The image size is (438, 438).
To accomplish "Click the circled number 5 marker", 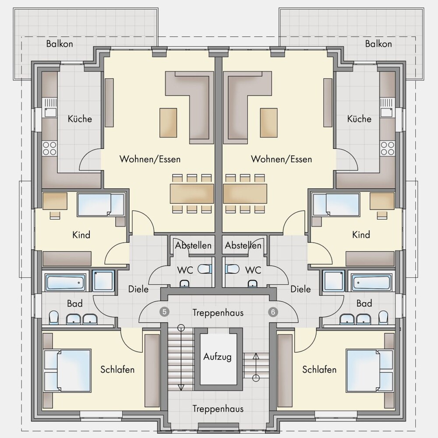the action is (165, 312).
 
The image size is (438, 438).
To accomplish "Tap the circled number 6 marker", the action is (273, 312).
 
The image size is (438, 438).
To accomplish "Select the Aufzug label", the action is (217, 357).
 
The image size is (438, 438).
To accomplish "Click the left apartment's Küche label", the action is (80, 119).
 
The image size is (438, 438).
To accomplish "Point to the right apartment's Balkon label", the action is (378, 43).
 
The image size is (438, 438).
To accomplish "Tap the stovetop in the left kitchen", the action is (49, 148).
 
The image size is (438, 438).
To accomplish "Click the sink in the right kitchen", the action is (388, 108).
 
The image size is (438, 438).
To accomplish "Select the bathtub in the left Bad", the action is (66, 283).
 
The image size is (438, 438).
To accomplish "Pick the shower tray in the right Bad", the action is (334, 280).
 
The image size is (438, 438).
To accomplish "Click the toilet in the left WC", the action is (205, 269).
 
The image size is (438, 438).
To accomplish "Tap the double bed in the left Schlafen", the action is (67, 370).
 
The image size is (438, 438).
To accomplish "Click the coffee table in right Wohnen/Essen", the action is (269, 123).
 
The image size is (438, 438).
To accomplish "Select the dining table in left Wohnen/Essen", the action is (192, 193).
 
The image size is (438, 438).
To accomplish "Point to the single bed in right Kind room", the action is (336, 205).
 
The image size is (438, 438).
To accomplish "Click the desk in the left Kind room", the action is (55, 201).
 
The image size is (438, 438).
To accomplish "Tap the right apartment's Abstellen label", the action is (243, 245).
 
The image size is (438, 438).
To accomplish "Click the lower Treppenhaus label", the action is (218, 409).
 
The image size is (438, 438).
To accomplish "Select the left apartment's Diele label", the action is (138, 289).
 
